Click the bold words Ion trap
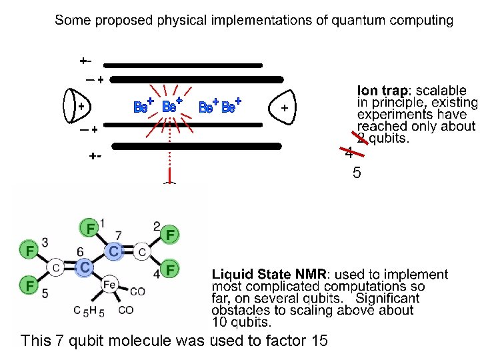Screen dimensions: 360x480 point(384,90)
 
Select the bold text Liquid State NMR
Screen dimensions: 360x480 point(269,274)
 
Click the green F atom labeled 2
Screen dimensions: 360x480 point(171,235)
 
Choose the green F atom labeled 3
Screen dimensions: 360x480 point(29,251)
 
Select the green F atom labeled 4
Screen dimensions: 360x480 point(171,269)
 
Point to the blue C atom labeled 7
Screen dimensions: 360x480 point(115,251)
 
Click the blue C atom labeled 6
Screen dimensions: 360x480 point(84,267)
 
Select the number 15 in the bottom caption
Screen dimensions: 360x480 point(319,341)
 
